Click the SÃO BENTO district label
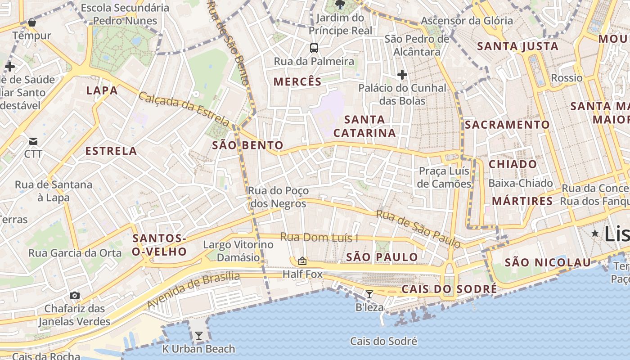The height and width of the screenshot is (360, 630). pos(247,145)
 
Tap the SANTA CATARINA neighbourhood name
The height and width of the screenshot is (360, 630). pos(364,126)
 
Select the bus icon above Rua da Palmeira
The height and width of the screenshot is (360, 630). pos(314,48)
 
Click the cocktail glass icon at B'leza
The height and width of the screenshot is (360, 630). pos(369,294)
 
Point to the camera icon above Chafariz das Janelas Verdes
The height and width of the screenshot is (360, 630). pos(75,296)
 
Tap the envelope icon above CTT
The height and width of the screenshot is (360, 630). pos(33,141)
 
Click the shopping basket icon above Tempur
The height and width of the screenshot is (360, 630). pos(31,22)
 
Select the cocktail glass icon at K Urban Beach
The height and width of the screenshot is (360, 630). pos(198,336)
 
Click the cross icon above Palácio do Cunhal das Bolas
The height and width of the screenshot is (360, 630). pos(402,74)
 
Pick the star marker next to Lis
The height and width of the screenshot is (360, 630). pos(595,233)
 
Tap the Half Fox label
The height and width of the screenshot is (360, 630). pos(302,274)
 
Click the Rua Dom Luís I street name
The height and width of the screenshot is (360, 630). pos(319,237)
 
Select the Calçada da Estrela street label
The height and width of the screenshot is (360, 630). pos(184,108)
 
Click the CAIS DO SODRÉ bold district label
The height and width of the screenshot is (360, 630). pos(449,289)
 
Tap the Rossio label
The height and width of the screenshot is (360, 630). pos(567,78)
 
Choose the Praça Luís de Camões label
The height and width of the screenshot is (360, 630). pos(444,177)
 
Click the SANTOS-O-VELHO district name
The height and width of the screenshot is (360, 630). pos(159,245)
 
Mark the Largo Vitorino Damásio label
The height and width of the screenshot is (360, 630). pos(238,251)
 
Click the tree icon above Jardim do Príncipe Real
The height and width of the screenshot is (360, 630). pos(340,5)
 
